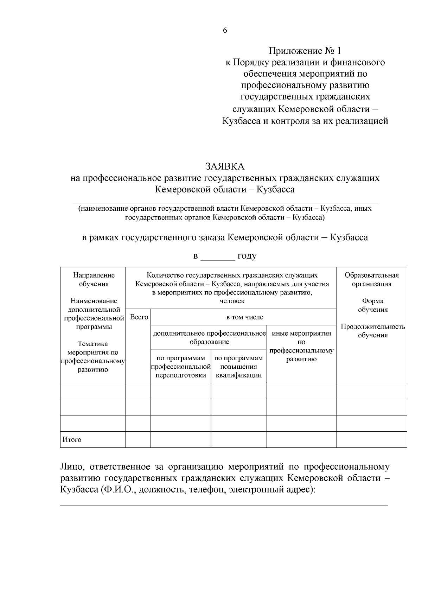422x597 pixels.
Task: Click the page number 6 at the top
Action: pos(225,30)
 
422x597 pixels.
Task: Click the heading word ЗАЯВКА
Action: pos(225,166)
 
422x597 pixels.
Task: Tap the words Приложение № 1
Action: pos(305,51)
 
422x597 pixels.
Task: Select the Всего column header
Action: pos(139,317)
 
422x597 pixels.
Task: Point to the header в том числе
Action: pos(244,317)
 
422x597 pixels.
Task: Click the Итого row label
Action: pos(72,439)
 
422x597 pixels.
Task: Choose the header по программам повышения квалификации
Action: pos(238,367)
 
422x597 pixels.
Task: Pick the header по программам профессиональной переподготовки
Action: pos(181,367)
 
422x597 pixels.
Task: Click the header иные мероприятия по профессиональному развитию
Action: pos(301,346)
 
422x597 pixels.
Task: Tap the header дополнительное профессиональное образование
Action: pos(209,337)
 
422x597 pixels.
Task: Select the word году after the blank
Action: pos(247,256)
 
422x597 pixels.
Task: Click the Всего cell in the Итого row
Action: pos(138,439)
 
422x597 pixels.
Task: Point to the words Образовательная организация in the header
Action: pos(372,280)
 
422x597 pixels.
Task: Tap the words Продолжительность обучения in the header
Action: pos(373,331)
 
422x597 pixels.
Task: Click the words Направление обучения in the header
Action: pos(94,280)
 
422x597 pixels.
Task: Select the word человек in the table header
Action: pos(232,301)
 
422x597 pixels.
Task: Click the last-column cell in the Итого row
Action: pos(372,439)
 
